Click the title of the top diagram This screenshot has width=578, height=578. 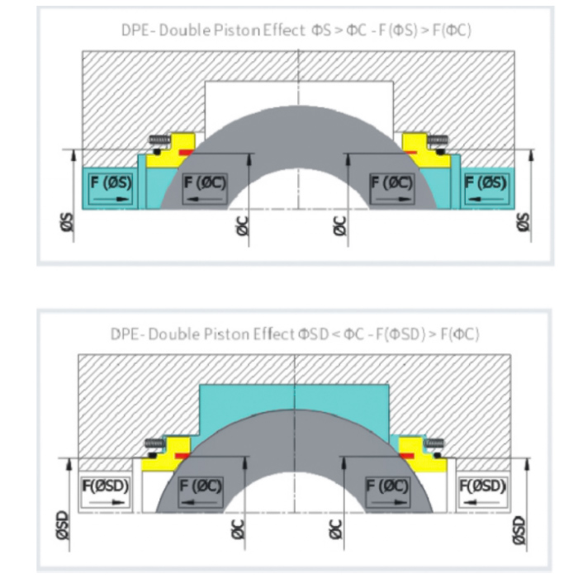[x=296, y=31]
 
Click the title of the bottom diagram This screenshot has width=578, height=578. [x=295, y=334]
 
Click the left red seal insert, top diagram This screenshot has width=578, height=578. [x=183, y=153]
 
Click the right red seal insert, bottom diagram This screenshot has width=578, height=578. [x=407, y=455]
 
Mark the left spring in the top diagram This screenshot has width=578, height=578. [x=159, y=139]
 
